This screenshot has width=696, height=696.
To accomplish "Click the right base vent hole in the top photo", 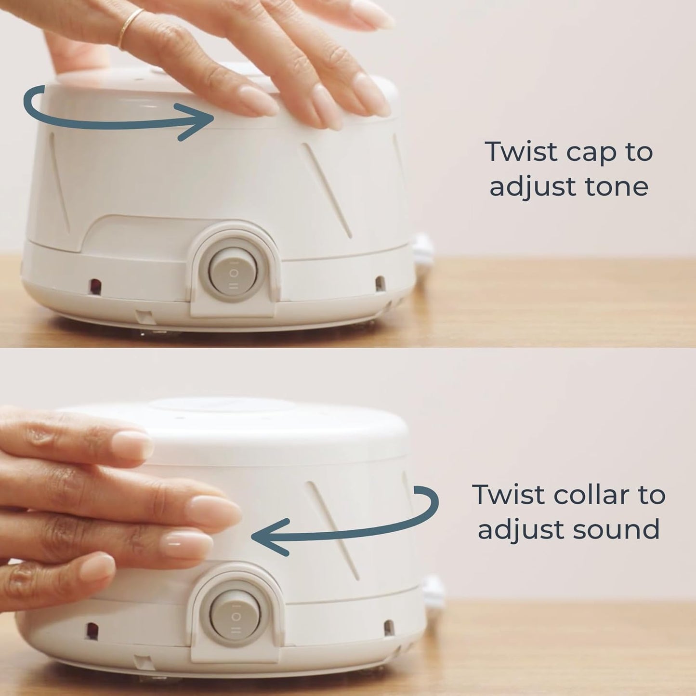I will (x=380, y=283).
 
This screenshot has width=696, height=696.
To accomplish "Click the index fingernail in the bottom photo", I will (x=130, y=444).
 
